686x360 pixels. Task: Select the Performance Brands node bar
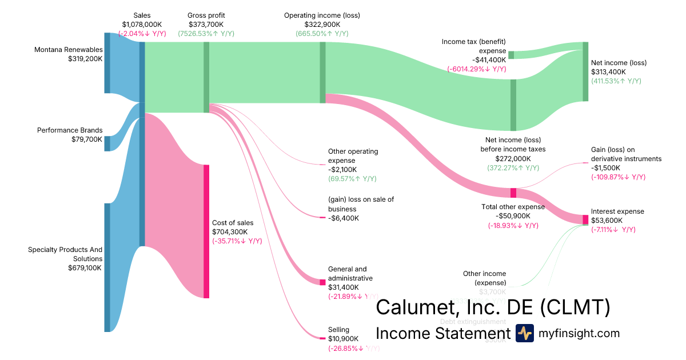click(107, 143)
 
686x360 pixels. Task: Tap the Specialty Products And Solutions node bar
click(107, 267)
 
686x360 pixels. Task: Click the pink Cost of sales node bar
click(206, 231)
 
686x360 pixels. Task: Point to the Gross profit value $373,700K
click(206, 25)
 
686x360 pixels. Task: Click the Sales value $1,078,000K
click(142, 25)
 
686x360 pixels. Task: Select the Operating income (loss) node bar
click(322, 73)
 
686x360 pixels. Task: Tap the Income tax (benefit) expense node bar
click(511, 55)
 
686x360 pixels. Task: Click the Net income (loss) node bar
click(585, 71)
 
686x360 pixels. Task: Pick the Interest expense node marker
click(585, 219)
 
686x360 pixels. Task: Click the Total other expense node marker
click(513, 193)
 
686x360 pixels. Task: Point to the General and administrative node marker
click(322, 281)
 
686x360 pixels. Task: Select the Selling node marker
click(322, 338)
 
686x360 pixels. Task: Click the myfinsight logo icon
click(524, 333)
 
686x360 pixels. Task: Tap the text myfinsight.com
click(579, 333)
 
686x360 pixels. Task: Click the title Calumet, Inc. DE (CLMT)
click(493, 307)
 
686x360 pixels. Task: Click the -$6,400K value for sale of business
click(343, 218)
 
